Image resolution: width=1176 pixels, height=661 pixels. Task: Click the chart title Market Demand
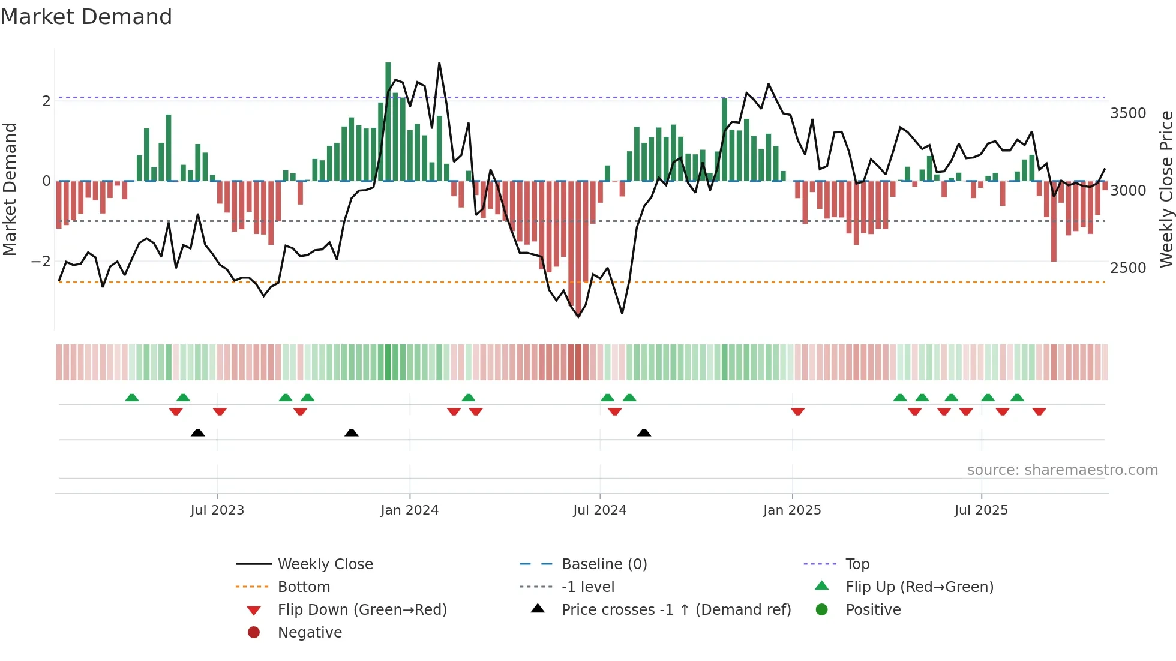86,17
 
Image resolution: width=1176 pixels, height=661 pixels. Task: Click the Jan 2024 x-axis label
409,510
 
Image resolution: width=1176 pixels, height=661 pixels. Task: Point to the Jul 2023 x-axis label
217,510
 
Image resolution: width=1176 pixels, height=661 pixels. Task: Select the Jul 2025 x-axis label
981,510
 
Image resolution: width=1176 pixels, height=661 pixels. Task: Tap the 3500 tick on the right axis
1128,113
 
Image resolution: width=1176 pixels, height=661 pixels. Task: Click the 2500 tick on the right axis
1128,268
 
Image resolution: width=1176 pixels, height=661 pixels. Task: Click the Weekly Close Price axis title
1166,189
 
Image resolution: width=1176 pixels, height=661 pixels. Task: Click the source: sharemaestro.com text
1062,470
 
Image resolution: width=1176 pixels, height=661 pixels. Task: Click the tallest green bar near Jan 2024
388,120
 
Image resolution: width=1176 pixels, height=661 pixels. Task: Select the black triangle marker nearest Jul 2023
197,433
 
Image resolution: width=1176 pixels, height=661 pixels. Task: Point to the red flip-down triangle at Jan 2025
797,411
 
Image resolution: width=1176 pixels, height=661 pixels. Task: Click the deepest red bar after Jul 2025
1054,222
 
